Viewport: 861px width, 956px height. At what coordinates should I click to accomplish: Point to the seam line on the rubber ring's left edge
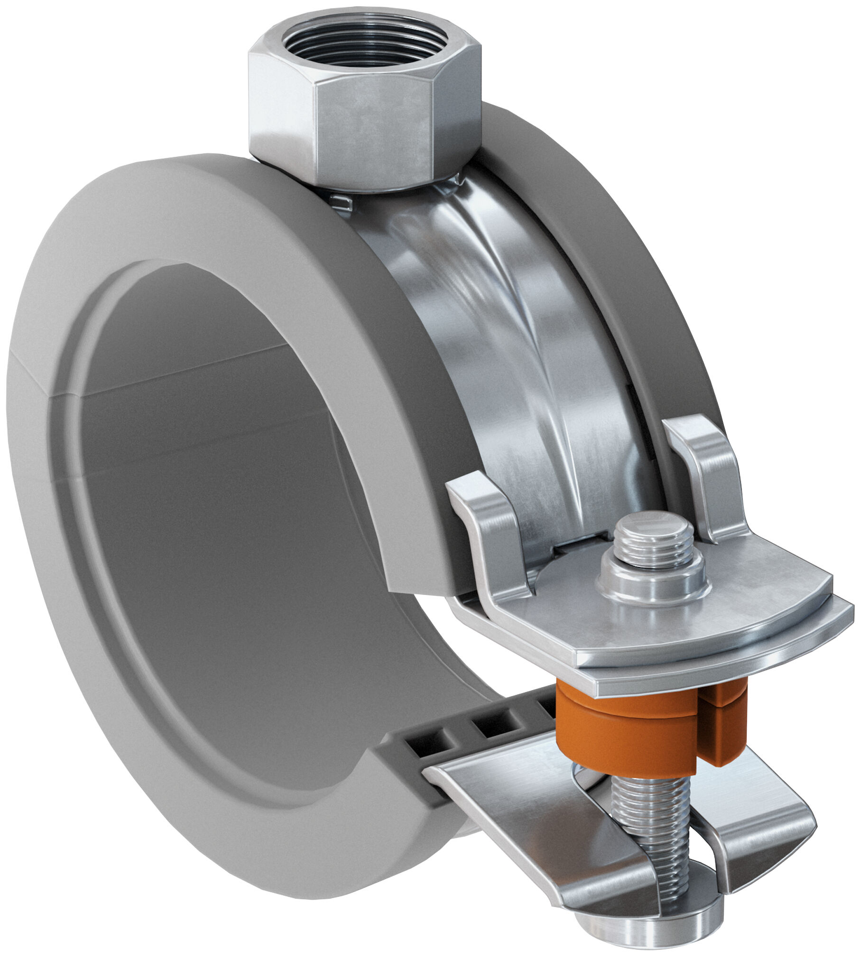(x=28, y=374)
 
